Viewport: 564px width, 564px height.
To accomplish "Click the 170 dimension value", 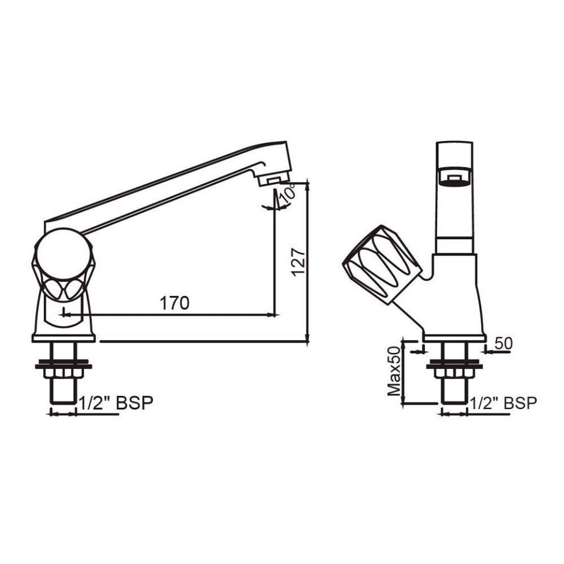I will [174, 303].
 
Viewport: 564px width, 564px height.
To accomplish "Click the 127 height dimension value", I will [298, 260].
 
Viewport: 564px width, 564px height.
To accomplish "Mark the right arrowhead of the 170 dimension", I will [271, 314].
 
